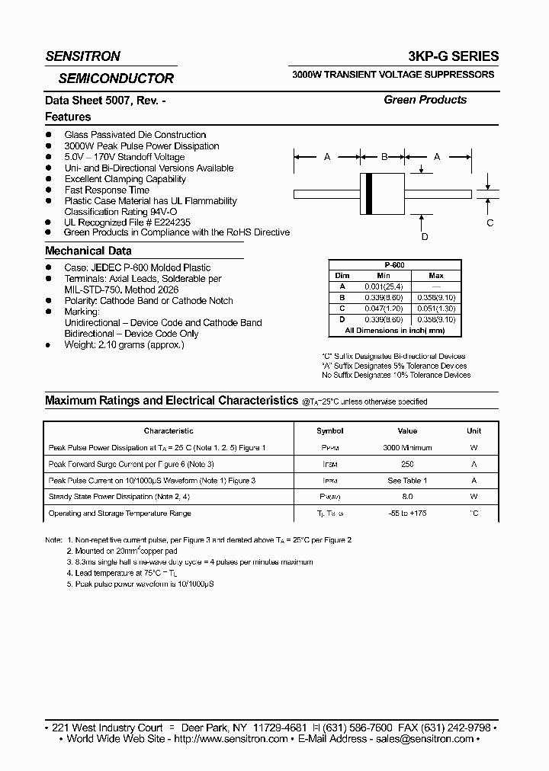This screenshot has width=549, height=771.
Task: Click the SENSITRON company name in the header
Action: point(82,56)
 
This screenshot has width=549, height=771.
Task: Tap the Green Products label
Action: point(425,100)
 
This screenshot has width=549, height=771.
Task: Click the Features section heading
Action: point(68,117)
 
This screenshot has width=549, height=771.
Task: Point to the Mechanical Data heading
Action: point(88,251)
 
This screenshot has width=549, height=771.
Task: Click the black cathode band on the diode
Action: point(371,194)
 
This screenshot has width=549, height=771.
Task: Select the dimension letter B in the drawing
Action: point(385,156)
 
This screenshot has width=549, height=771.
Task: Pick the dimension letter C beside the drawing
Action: point(490,222)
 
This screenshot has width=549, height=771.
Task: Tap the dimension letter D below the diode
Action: point(425,237)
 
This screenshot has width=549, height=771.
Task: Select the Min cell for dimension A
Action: point(384,286)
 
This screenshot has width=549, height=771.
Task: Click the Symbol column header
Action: point(330,431)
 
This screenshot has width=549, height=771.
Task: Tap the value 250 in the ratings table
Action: point(407,464)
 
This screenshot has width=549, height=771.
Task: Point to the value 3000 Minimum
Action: point(407,448)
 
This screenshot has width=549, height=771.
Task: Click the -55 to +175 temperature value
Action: point(407,513)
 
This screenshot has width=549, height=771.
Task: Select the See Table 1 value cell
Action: point(407,481)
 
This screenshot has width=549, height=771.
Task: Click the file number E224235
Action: point(149,222)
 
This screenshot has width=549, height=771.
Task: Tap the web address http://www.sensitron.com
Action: point(231,739)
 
